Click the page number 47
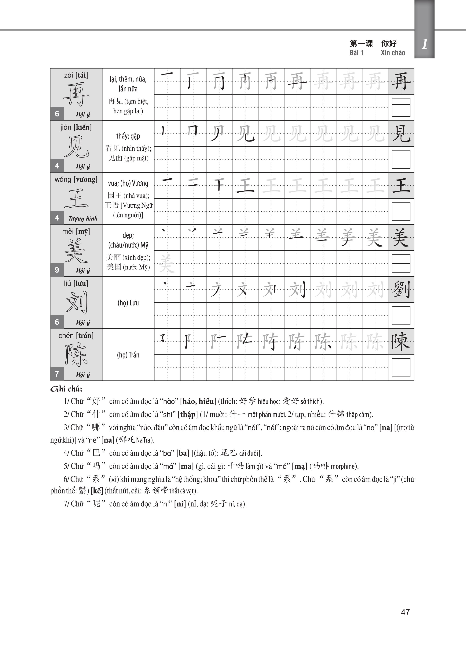pos(405,612)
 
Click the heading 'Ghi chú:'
pos(66,389)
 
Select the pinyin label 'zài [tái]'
pos(76,75)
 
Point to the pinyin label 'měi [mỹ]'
pos(76,232)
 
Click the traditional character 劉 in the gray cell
pos(401,290)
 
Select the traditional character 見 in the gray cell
pos(401,134)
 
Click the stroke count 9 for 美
pos(57,270)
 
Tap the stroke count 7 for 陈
pos(57,374)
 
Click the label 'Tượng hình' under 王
pos(83,219)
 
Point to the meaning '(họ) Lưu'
pos(128,303)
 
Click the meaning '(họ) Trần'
pos(128,355)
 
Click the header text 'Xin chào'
pos(393,53)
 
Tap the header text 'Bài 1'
pos(356,53)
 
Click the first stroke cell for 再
pos(167,81)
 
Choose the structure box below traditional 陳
pos(401,368)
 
